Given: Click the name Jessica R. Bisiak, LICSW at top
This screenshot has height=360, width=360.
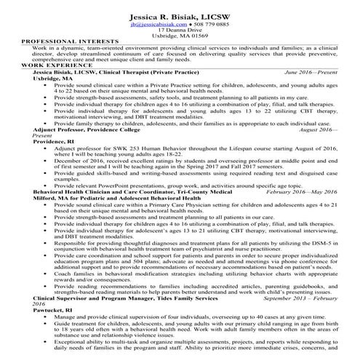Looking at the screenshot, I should click(179, 16).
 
